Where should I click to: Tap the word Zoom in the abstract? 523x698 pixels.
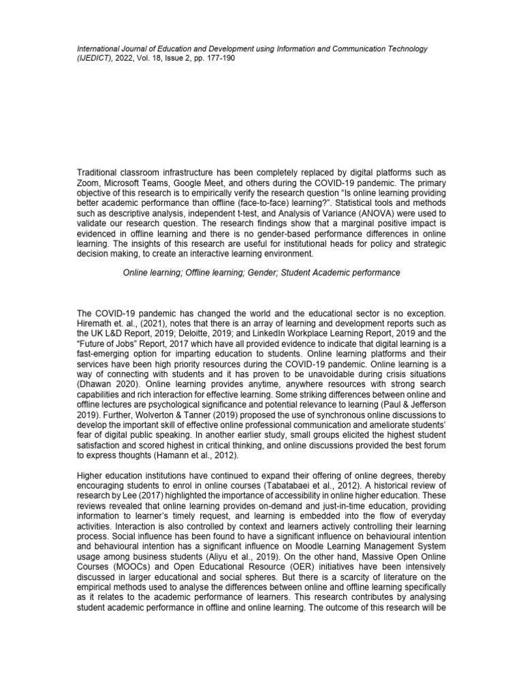(x=89, y=183)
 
